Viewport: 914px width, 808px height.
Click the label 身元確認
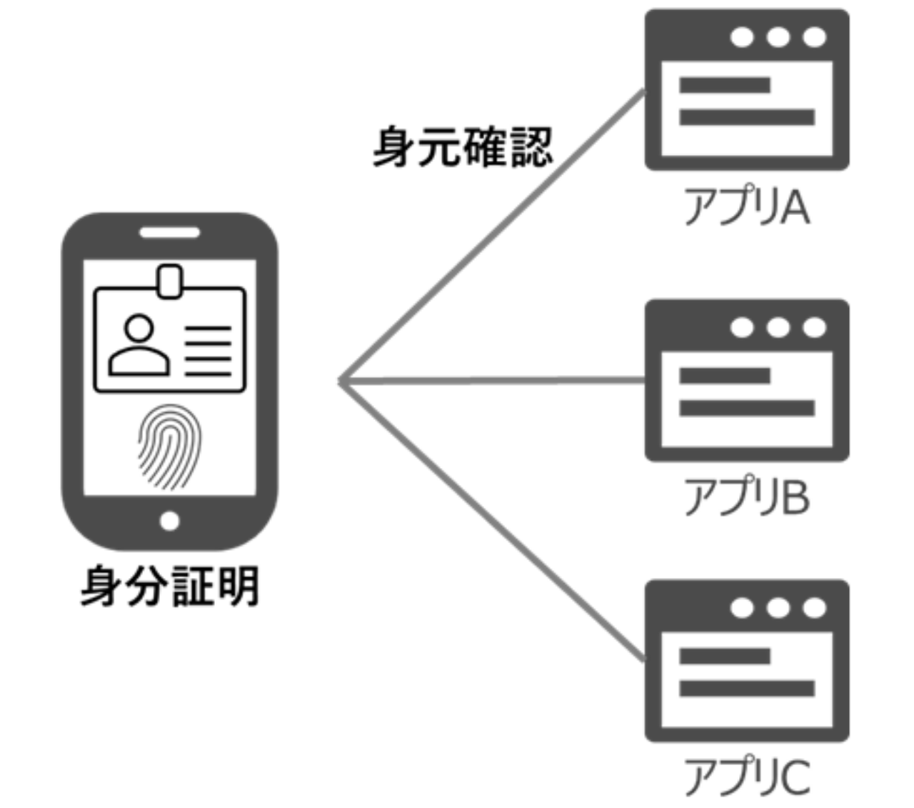462,148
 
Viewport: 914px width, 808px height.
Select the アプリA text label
746,208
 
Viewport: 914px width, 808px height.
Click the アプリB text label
746,497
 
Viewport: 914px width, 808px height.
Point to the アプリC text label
746,777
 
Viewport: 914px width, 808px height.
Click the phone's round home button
169,521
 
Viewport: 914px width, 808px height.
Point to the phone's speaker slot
169,233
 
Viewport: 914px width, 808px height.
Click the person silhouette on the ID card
139,346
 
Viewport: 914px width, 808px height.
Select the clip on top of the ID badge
169,281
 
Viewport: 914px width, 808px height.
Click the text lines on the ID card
209,351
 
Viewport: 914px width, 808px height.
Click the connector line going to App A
493,236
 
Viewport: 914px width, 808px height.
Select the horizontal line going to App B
493,381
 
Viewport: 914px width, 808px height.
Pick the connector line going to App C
493,522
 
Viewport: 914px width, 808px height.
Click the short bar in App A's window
724,86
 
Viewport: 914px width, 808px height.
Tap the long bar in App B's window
746,408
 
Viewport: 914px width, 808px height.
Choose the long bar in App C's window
746,689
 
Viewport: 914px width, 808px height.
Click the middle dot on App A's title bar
778,37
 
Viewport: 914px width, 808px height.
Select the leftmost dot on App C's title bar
743,608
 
